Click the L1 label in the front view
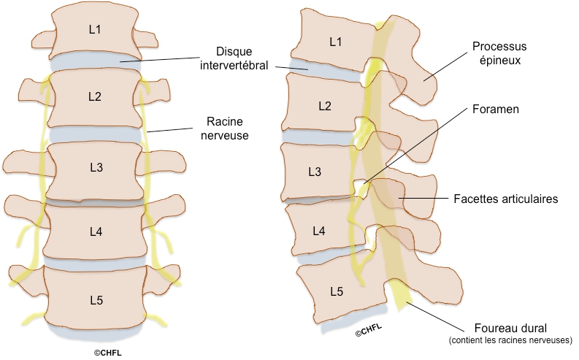(x=95, y=30)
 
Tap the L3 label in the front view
(x=95, y=167)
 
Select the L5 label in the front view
(x=95, y=300)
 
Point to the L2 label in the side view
(x=323, y=107)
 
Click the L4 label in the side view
(x=318, y=231)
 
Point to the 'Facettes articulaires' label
(x=505, y=199)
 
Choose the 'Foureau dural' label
(x=498, y=328)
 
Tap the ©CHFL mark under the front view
(x=109, y=352)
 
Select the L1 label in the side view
(x=335, y=42)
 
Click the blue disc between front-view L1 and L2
(x=95, y=62)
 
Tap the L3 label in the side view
(x=315, y=172)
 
